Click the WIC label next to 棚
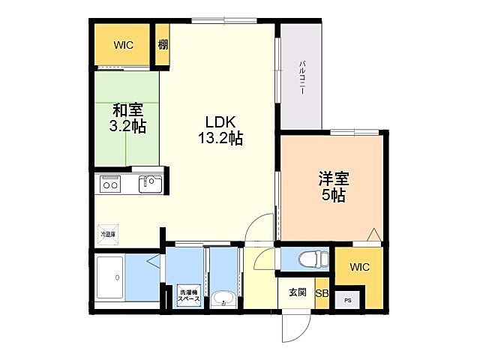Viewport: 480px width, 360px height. click(x=123, y=46)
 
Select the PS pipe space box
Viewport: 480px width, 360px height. click(x=346, y=300)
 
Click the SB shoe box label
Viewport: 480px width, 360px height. click(x=321, y=293)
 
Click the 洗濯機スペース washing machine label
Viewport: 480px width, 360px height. click(x=187, y=295)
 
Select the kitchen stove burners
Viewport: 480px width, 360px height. click(x=112, y=184)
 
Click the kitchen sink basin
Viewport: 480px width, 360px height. click(x=150, y=184)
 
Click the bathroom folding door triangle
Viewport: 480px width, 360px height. click(x=153, y=262)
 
